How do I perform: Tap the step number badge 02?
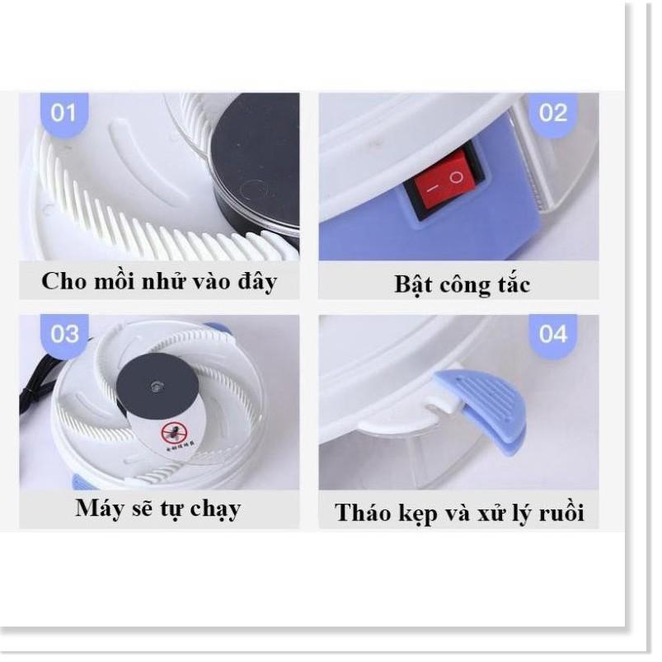[x=554, y=113]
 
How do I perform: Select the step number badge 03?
[x=64, y=334]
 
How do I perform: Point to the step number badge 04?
[x=554, y=334]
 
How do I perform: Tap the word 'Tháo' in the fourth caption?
[x=364, y=513]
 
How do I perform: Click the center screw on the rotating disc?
[x=154, y=385]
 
